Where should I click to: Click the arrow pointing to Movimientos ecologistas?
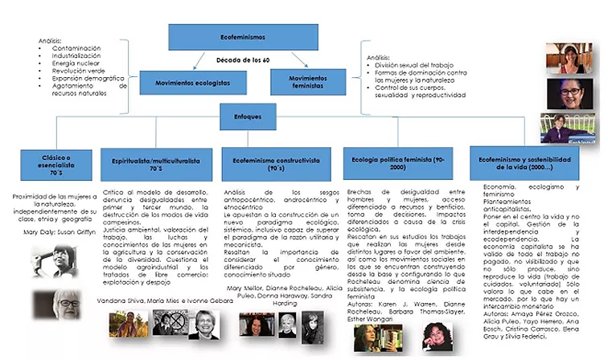[x=195, y=62]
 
